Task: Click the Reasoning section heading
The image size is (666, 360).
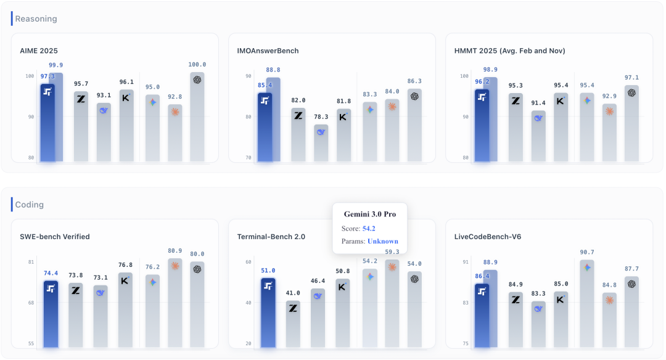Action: coord(36,18)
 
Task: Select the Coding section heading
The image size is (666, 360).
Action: coord(30,205)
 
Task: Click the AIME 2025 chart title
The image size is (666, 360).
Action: coord(39,51)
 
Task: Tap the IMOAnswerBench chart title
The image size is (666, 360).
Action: coord(268,51)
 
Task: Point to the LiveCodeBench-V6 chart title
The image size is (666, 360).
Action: coord(488,237)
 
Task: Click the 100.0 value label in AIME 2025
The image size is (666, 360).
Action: coord(197,65)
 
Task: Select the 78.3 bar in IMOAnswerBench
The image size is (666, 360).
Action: coord(321,143)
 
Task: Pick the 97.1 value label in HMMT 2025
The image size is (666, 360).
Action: coord(631,78)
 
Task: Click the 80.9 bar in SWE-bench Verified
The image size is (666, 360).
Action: coord(175,303)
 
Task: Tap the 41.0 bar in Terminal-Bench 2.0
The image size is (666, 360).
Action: coord(293,324)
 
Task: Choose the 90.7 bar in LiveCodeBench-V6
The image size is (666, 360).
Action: coord(587,304)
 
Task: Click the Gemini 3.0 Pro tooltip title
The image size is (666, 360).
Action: coord(370,215)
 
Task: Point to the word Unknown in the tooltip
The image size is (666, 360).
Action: coord(383,241)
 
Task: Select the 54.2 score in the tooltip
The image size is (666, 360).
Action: coord(369,229)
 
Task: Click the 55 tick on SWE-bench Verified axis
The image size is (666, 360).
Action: coord(31,343)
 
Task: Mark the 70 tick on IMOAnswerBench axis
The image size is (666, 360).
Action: coord(248,158)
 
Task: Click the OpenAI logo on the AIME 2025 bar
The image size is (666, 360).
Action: coord(197,80)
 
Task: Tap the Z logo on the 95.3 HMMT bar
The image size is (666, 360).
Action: coord(516,101)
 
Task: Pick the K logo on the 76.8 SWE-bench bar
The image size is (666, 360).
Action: coord(125,281)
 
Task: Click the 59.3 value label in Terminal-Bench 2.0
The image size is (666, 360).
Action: coord(392,252)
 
